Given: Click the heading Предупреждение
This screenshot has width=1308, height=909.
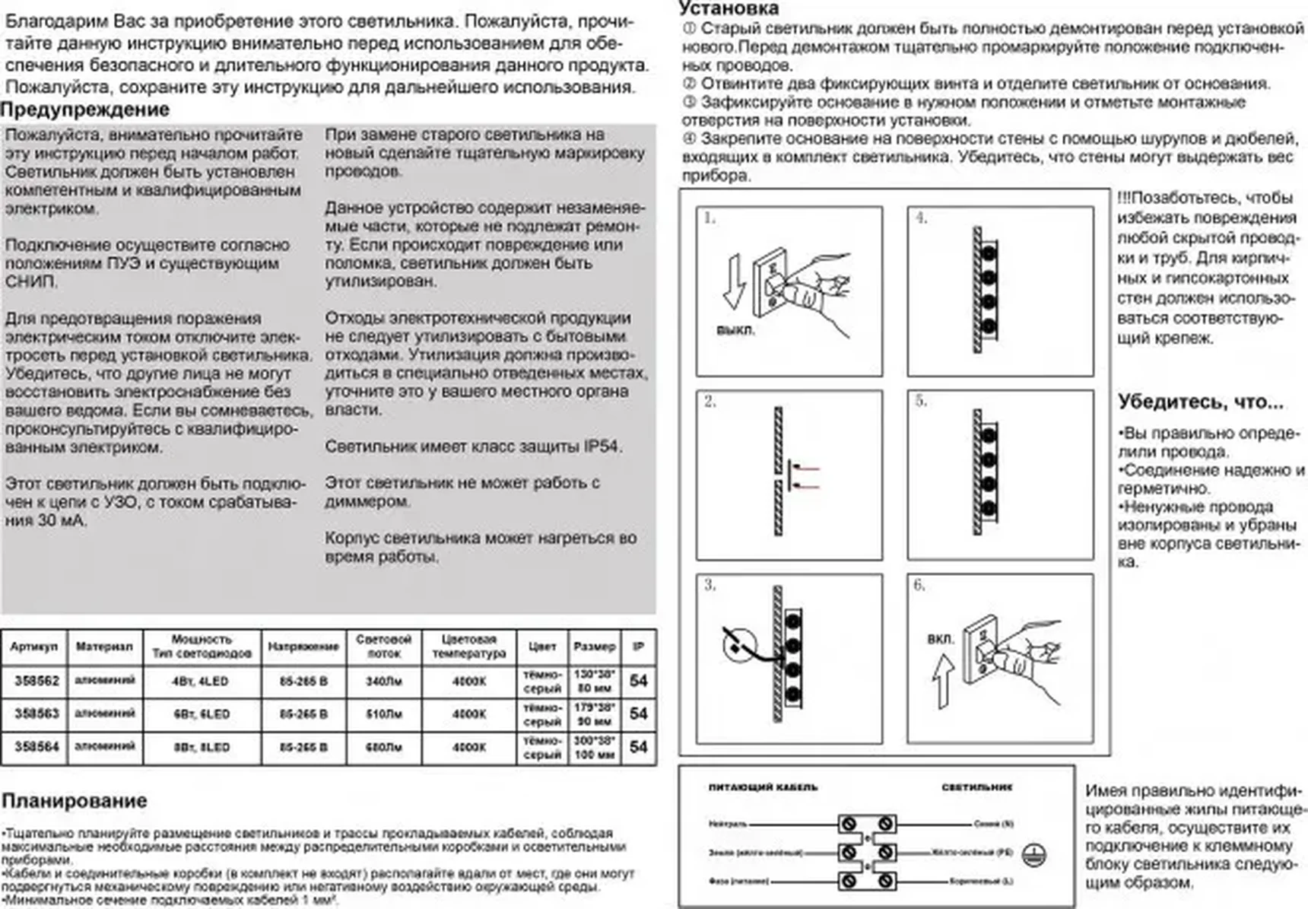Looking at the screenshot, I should coord(84,110).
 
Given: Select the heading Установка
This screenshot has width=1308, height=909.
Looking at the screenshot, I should coord(729,8).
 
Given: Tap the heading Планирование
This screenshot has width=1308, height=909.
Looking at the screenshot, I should coord(74,800).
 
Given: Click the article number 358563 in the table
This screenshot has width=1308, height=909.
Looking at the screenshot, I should coord(37,714).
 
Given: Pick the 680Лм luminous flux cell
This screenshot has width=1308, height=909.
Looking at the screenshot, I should coord(383,747).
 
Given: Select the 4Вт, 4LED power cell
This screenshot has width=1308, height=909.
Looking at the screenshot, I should coord(201,681).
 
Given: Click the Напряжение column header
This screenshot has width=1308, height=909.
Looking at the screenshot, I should coord(303,647).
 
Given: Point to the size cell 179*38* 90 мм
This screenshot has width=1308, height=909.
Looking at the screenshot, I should coord(594,714).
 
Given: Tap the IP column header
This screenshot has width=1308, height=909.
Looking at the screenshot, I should coord(638,647).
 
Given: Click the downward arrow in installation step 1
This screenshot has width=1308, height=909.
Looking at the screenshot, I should coord(734,281).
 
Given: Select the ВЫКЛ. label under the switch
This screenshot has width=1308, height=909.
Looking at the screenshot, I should coord(735,331).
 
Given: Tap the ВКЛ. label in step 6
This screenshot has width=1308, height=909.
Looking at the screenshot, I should coord(940,639).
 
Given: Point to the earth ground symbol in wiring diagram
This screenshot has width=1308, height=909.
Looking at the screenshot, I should coord(1034,853).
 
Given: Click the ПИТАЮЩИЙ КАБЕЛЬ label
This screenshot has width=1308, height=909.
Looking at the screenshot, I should coord(763,787).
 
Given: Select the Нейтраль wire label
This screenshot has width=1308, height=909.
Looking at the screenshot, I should coord(728,824).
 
